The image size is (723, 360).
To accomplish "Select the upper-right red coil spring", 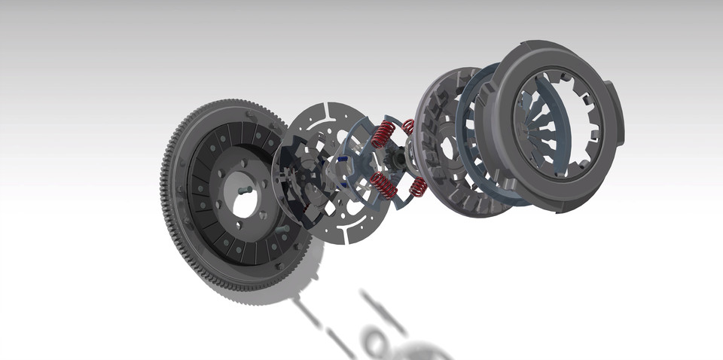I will [x=409, y=126].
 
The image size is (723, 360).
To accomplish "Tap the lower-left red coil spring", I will [x=384, y=184].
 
